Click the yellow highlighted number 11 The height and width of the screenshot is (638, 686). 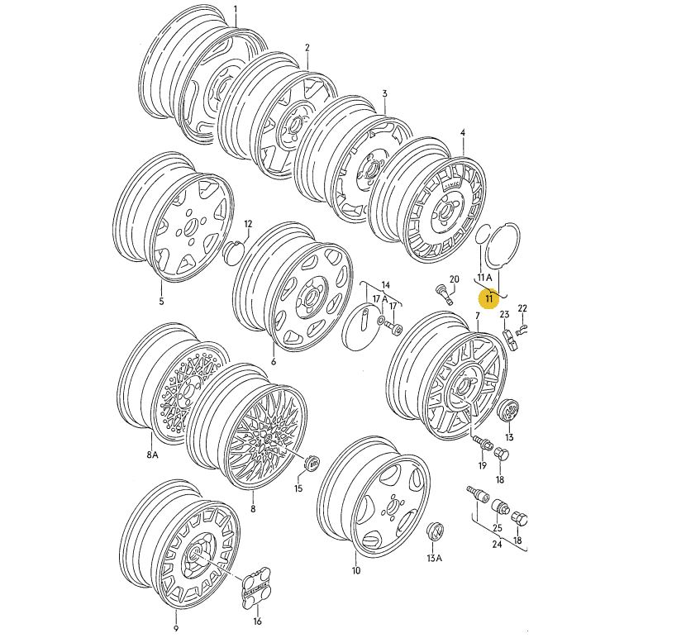(x=488, y=298)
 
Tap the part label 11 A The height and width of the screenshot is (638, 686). (x=484, y=277)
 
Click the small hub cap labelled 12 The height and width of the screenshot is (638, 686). (x=232, y=253)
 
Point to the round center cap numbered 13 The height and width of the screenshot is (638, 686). (x=508, y=411)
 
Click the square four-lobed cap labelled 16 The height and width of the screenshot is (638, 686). (x=256, y=588)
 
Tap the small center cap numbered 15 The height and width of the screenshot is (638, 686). (x=312, y=464)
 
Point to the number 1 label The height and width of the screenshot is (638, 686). (x=235, y=9)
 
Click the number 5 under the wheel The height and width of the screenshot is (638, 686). (x=161, y=301)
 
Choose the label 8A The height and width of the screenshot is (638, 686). (x=152, y=455)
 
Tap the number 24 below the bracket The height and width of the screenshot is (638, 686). (x=497, y=544)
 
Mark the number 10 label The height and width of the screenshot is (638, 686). (x=355, y=570)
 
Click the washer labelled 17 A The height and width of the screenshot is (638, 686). (x=380, y=321)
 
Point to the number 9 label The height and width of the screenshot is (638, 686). (x=176, y=628)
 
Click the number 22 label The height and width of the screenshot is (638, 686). (x=522, y=308)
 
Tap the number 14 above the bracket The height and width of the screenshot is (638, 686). (x=385, y=285)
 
